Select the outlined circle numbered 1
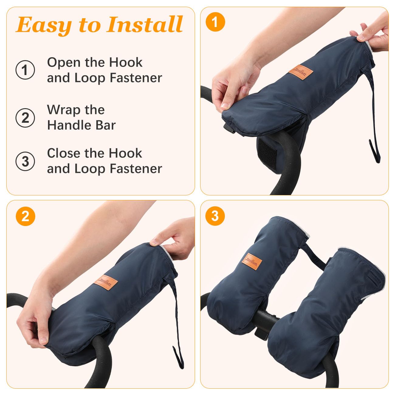pyautogui.click(x=25, y=70)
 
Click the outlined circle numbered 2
pyautogui.click(x=25, y=118)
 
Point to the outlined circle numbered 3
pyautogui.click(x=25, y=161)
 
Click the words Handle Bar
pyautogui.click(x=81, y=125)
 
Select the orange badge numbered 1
pyautogui.click(x=215, y=22)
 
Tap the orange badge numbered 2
pyautogui.click(x=26, y=216)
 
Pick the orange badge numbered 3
pyautogui.click(x=215, y=216)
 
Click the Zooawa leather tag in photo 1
pyautogui.click(x=301, y=72)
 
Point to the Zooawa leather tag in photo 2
pyautogui.click(x=106, y=282)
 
